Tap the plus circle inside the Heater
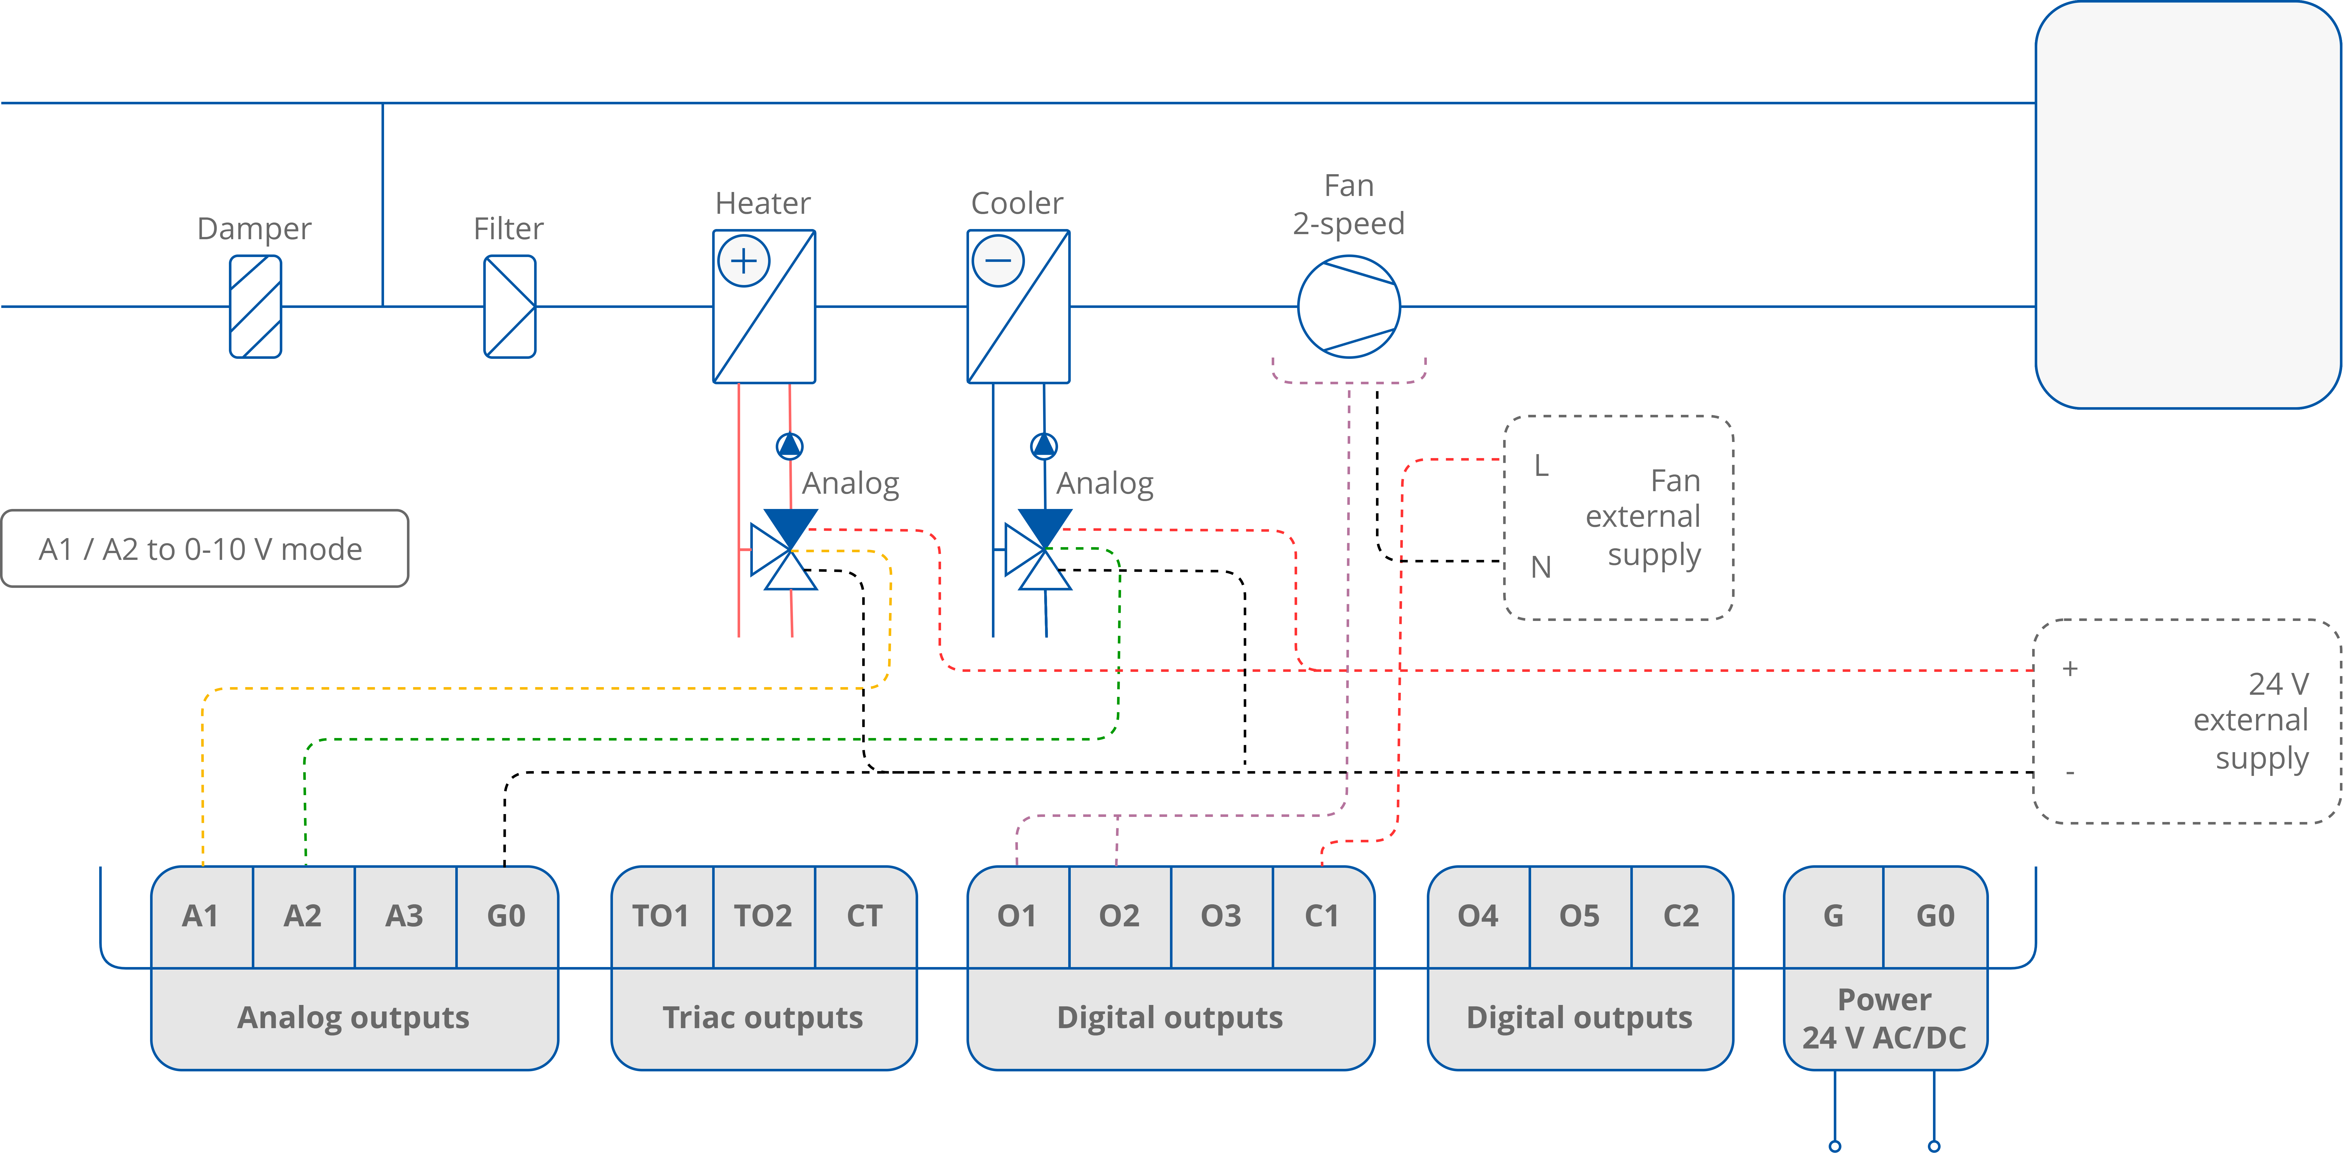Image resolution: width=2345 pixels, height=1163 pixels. tap(744, 261)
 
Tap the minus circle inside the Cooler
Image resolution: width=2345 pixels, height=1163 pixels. tap(998, 261)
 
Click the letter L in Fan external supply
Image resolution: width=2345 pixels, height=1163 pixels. tap(1540, 466)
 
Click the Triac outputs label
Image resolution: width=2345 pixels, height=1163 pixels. tap(763, 1017)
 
